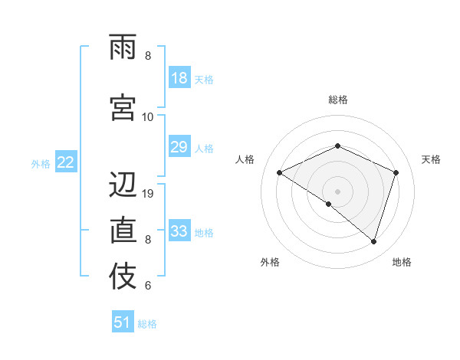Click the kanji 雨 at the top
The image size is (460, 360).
(123, 48)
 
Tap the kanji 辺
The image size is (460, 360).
(123, 185)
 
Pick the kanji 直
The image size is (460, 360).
(123, 230)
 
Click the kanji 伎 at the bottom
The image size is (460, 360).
(123, 277)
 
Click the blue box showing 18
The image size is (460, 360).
(179, 78)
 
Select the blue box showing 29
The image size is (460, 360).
(179, 147)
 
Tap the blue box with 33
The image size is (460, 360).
(179, 231)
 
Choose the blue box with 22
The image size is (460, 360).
(66, 162)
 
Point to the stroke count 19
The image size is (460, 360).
(149, 194)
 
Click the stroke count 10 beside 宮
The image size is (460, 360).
(148, 116)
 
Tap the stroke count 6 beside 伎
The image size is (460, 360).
(148, 286)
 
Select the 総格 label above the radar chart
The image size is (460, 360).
(337, 100)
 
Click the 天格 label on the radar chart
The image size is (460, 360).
(432, 159)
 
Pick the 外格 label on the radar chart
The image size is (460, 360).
(270, 262)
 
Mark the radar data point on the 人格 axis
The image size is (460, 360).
(280, 172)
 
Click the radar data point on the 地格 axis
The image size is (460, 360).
(373, 241)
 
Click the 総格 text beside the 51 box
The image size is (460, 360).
(147, 324)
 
